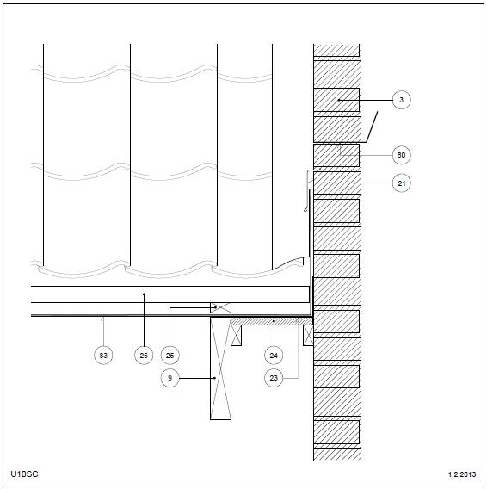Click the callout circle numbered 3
pos(401,100)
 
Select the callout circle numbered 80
pos(401,155)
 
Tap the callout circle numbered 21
pos(401,183)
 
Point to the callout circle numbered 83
pos(103,356)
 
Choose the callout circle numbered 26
pos(144,356)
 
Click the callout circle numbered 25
pos(170,356)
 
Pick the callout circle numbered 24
pos(274,356)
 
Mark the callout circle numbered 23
pos(274,378)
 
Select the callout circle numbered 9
pos(170,378)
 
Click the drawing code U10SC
pos(24,474)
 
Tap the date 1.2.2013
pos(462,474)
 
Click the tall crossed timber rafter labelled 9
pos(221,368)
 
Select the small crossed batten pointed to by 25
pos(221,308)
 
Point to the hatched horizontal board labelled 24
pos(272,321)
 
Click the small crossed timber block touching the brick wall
pos(308,335)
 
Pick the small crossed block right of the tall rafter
pos(237,335)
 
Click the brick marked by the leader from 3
pos(336,100)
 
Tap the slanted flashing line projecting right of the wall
pos(372,127)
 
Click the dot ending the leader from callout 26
pos(144,294)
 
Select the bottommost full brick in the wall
pos(336,432)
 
